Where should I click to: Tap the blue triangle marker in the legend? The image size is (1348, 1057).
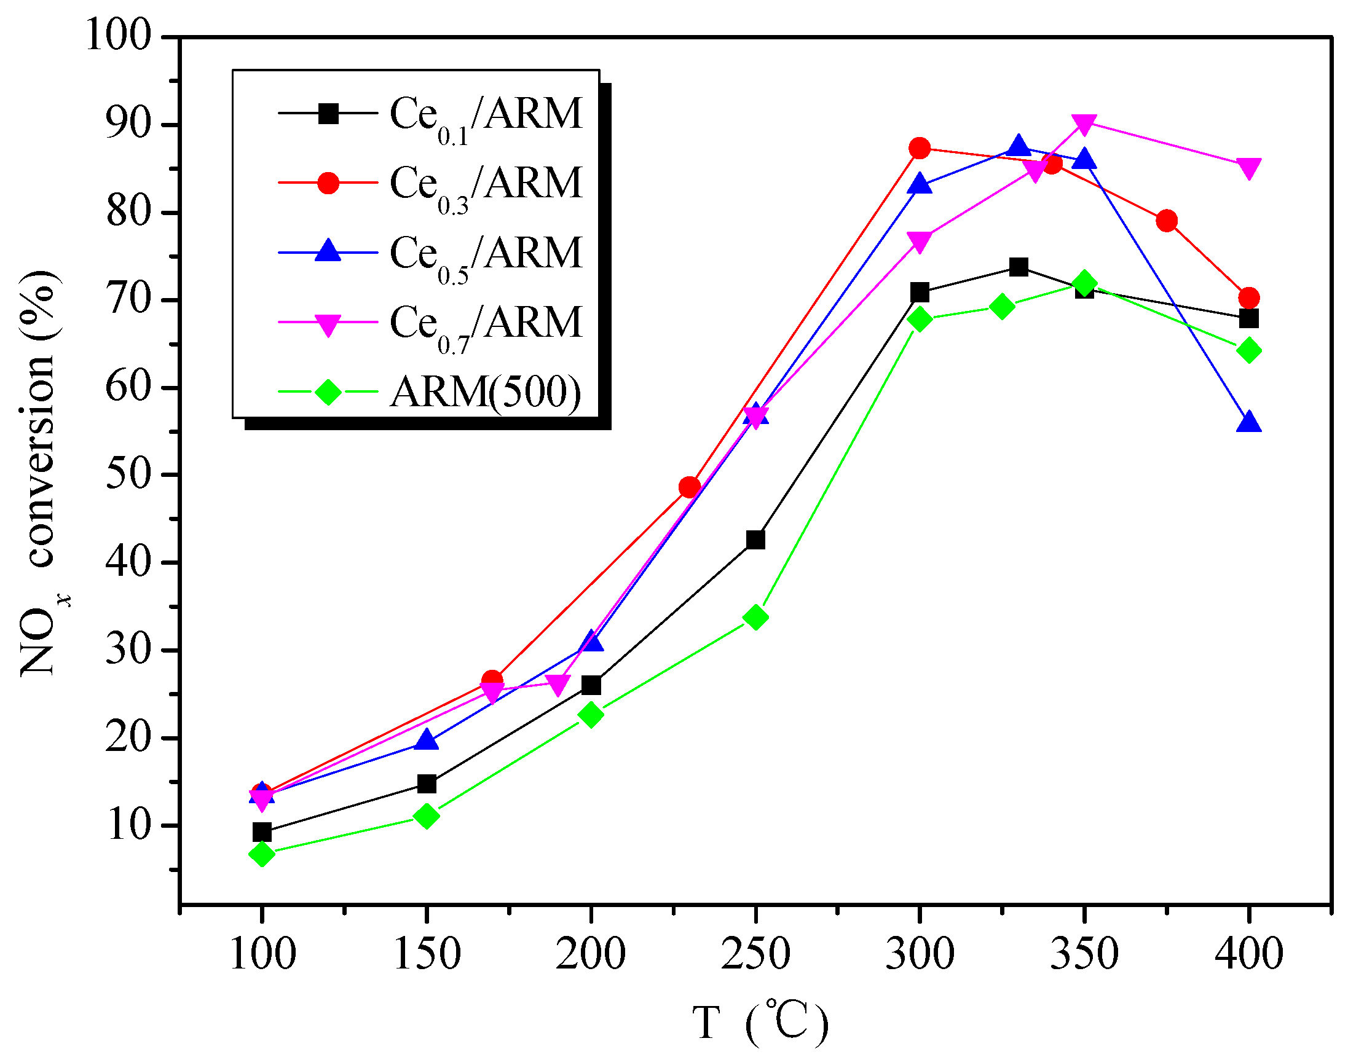pos(328,252)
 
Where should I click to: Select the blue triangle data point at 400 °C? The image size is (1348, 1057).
pos(1248,423)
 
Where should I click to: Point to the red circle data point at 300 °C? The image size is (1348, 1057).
pos(920,148)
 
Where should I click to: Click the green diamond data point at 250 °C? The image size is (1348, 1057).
pos(755,617)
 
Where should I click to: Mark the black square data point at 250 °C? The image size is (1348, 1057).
pos(755,540)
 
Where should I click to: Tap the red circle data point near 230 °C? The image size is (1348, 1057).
pos(690,487)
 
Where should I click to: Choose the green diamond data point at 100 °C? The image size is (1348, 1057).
pos(262,854)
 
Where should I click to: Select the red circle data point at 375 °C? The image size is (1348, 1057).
pos(1166,221)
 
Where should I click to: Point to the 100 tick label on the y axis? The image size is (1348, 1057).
pos(118,35)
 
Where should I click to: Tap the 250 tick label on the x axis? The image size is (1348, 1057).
pos(755,953)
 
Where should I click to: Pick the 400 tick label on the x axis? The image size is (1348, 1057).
pos(1248,953)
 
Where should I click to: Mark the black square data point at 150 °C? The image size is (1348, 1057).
pos(427,784)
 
